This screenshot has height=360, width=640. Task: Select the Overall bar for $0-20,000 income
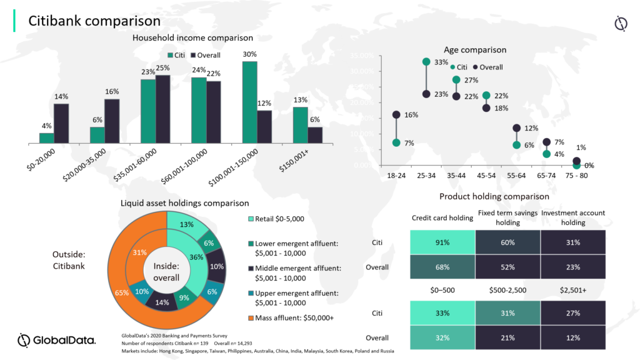(61, 123)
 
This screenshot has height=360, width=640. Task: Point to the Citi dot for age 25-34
(426, 62)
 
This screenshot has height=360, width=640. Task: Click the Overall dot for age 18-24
(396, 115)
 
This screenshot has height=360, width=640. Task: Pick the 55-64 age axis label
(516, 176)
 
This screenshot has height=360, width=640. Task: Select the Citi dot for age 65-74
(546, 154)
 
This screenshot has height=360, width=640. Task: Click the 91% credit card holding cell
(442, 241)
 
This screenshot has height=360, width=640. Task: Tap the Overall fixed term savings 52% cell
(507, 267)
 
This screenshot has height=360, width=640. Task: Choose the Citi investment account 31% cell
(572, 241)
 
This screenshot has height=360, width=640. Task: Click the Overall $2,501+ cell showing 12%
(572, 337)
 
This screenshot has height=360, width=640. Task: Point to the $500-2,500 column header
(507, 290)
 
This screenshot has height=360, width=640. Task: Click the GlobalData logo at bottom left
(56, 340)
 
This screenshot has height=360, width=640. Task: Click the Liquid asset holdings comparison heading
(184, 202)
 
